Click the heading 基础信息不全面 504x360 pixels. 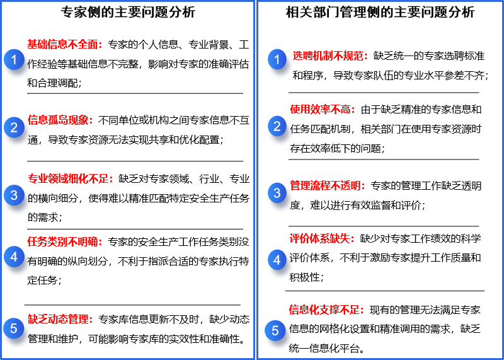point(64,44)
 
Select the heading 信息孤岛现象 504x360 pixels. point(60,120)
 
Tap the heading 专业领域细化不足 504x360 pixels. point(70,178)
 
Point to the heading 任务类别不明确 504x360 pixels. point(64,241)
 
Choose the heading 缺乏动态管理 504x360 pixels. point(60,319)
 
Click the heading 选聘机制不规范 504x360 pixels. point(329,55)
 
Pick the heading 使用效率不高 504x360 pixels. point(322,109)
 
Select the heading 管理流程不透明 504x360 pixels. point(327,185)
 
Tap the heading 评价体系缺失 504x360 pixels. point(322,238)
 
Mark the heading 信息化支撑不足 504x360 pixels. point(326,310)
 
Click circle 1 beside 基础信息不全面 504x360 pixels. point(14,60)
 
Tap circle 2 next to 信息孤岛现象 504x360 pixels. point(14,127)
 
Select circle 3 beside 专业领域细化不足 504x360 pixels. point(14,195)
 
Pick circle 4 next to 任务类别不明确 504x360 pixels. point(14,257)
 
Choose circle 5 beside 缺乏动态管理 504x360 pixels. point(14,328)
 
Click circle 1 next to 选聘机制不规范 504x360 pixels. point(277,59)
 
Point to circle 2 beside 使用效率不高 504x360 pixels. point(277,126)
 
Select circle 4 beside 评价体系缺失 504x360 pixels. point(277,259)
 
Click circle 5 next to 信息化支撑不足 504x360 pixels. point(275,330)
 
